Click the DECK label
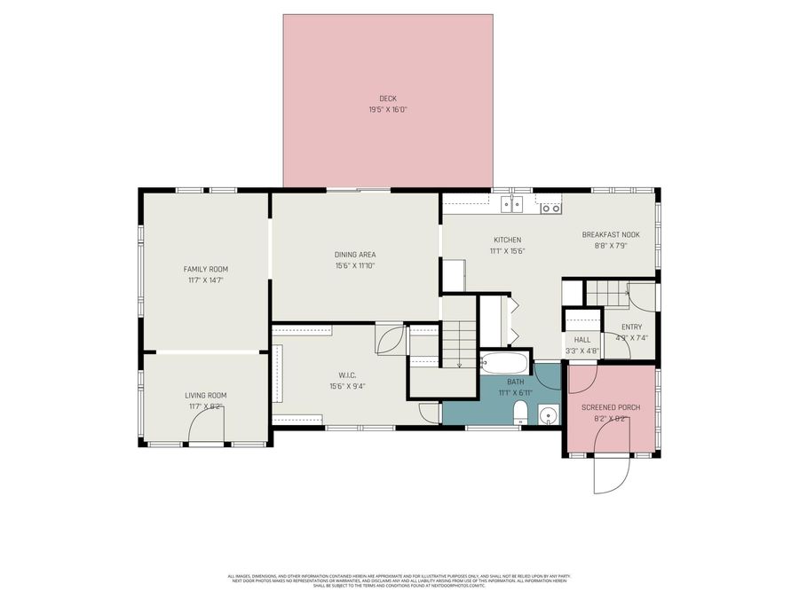point(388,99)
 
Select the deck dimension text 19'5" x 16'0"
point(388,110)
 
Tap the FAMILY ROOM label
point(206,269)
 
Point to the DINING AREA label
point(355,255)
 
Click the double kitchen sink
point(511,205)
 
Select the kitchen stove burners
point(550,208)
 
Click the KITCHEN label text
point(508,240)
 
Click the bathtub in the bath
point(503,364)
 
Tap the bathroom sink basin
point(549,414)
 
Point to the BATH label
point(502,382)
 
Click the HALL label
point(582,340)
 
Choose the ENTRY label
point(631,327)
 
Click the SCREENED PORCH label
point(611,407)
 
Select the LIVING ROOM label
point(206,396)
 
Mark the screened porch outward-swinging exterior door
point(611,474)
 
